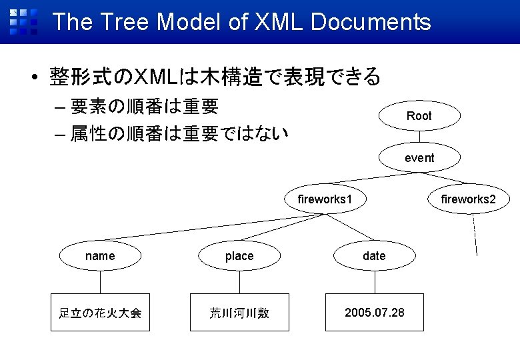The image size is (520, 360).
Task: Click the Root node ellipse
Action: click(x=419, y=116)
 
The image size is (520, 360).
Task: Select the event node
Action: click(x=419, y=158)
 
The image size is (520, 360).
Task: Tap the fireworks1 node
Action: click(x=325, y=199)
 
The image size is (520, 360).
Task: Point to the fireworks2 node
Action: click(x=468, y=199)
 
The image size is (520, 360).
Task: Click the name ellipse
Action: click(x=100, y=256)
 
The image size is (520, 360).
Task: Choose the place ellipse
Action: click(x=239, y=256)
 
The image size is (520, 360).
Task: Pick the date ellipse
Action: click(x=374, y=256)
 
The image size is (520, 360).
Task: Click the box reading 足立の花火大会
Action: click(x=100, y=312)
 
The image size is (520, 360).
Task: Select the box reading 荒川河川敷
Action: click(x=239, y=312)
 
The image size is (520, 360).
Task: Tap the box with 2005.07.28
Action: click(x=374, y=312)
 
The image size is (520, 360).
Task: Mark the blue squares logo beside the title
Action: click(x=23, y=21)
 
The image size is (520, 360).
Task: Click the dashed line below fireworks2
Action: click(x=475, y=233)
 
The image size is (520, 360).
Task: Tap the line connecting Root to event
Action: click(x=419, y=137)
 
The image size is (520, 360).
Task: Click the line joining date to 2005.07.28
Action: click(x=375, y=281)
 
